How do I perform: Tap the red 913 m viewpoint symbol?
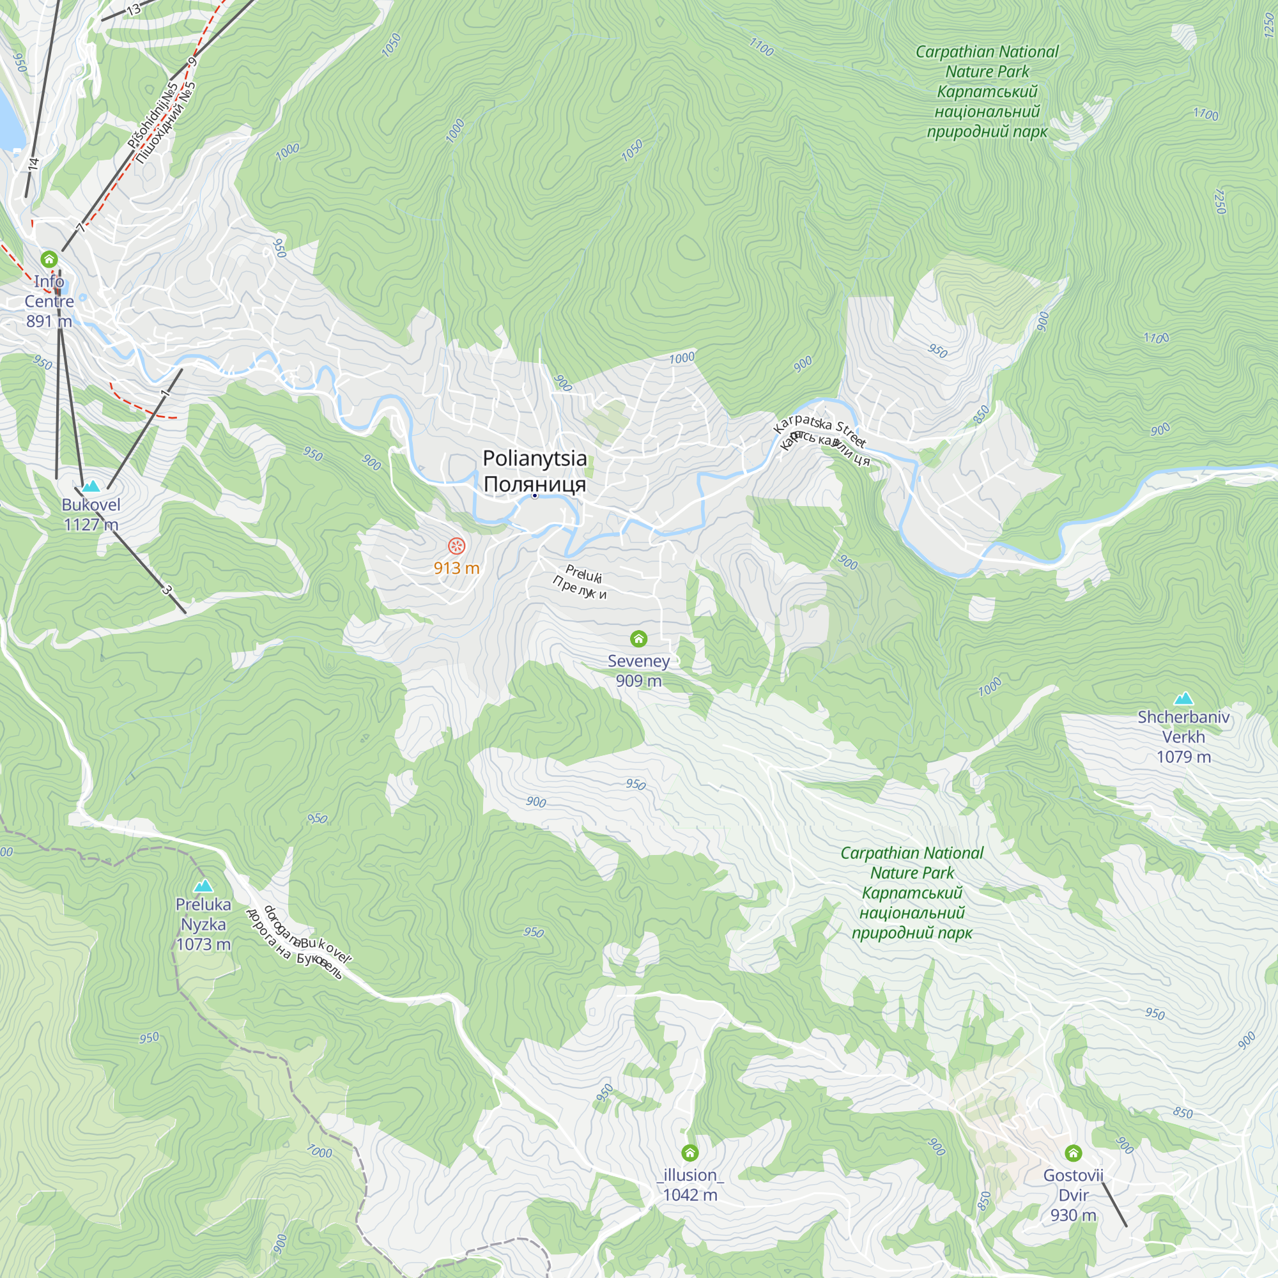456,546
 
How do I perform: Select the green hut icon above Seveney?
638,638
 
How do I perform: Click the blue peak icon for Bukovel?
91,486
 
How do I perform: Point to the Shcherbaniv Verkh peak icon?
1183,698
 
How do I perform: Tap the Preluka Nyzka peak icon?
203,886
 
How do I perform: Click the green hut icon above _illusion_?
690,1153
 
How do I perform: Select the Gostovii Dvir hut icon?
1073,1153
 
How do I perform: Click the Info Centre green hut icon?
49,259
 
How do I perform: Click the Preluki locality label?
583,574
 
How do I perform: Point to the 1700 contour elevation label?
1205,114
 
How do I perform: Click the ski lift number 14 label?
34,163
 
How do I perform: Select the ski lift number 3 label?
167,589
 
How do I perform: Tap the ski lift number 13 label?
134,9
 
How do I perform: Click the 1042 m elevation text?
690,1195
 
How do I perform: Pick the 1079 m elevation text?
1183,757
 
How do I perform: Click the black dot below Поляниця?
534,495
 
